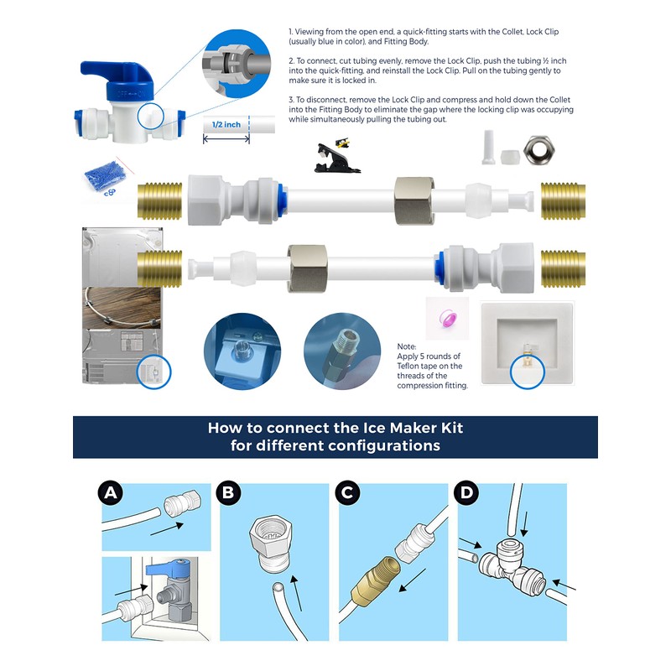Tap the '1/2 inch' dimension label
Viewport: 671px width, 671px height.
(226, 124)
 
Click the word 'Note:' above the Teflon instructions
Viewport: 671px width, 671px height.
(407, 346)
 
